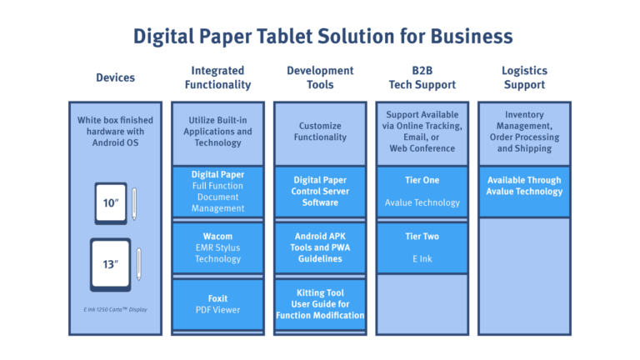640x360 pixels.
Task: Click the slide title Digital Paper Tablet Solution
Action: click(x=322, y=37)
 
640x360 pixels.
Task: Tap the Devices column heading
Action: click(x=115, y=77)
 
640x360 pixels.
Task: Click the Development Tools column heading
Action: click(x=320, y=77)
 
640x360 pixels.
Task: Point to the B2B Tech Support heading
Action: click(x=422, y=77)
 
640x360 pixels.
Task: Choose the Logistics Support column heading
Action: click(x=524, y=77)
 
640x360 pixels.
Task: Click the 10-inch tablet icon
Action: click(x=111, y=203)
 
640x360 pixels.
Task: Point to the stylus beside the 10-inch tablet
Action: click(x=134, y=204)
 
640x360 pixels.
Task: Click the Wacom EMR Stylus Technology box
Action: click(x=217, y=247)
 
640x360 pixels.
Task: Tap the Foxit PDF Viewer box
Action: click(x=217, y=303)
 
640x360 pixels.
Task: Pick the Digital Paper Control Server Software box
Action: click(x=320, y=191)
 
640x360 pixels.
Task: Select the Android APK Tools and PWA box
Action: click(x=320, y=247)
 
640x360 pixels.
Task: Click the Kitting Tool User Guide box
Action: click(x=320, y=304)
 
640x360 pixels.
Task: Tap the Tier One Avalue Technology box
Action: click(x=422, y=191)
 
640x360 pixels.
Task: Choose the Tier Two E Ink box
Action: click(x=422, y=247)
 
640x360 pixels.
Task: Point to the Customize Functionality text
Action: click(x=320, y=132)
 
